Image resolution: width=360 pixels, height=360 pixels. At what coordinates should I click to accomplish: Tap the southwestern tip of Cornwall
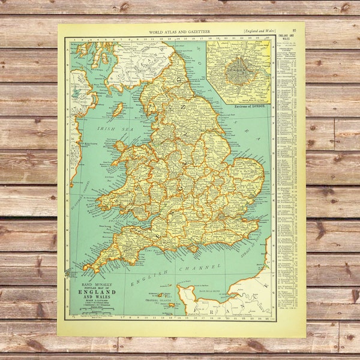pos(85,268)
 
